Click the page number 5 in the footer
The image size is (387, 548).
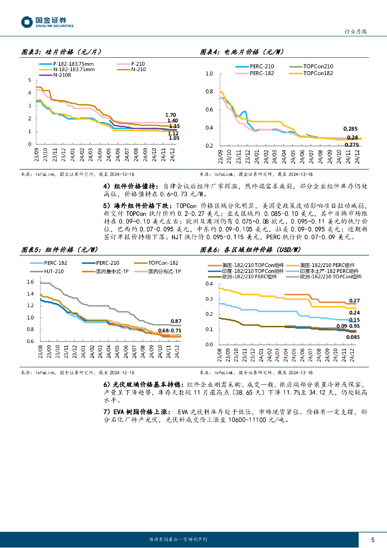coord(373,539)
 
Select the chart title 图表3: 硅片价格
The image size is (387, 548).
coord(61,52)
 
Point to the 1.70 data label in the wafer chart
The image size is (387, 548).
coord(171,115)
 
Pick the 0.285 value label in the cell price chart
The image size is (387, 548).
coord(351,129)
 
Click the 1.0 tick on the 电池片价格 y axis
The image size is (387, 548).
coord(209,74)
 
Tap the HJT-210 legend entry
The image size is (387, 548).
coord(52,271)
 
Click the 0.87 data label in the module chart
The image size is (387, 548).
coord(176,321)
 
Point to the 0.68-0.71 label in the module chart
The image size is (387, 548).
coord(171,331)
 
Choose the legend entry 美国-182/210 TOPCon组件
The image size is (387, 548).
coord(248,265)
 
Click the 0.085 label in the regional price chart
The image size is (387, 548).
coord(352,337)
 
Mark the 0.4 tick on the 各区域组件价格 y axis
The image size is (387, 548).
coord(209,284)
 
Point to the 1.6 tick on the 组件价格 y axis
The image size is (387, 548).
coord(30,282)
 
